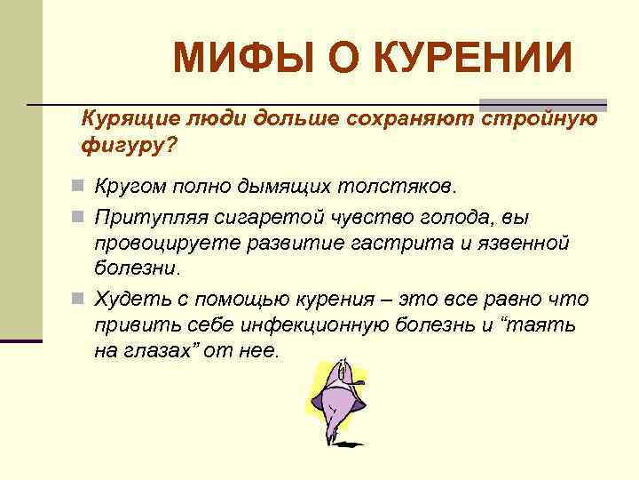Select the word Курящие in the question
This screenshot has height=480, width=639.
[124, 119]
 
